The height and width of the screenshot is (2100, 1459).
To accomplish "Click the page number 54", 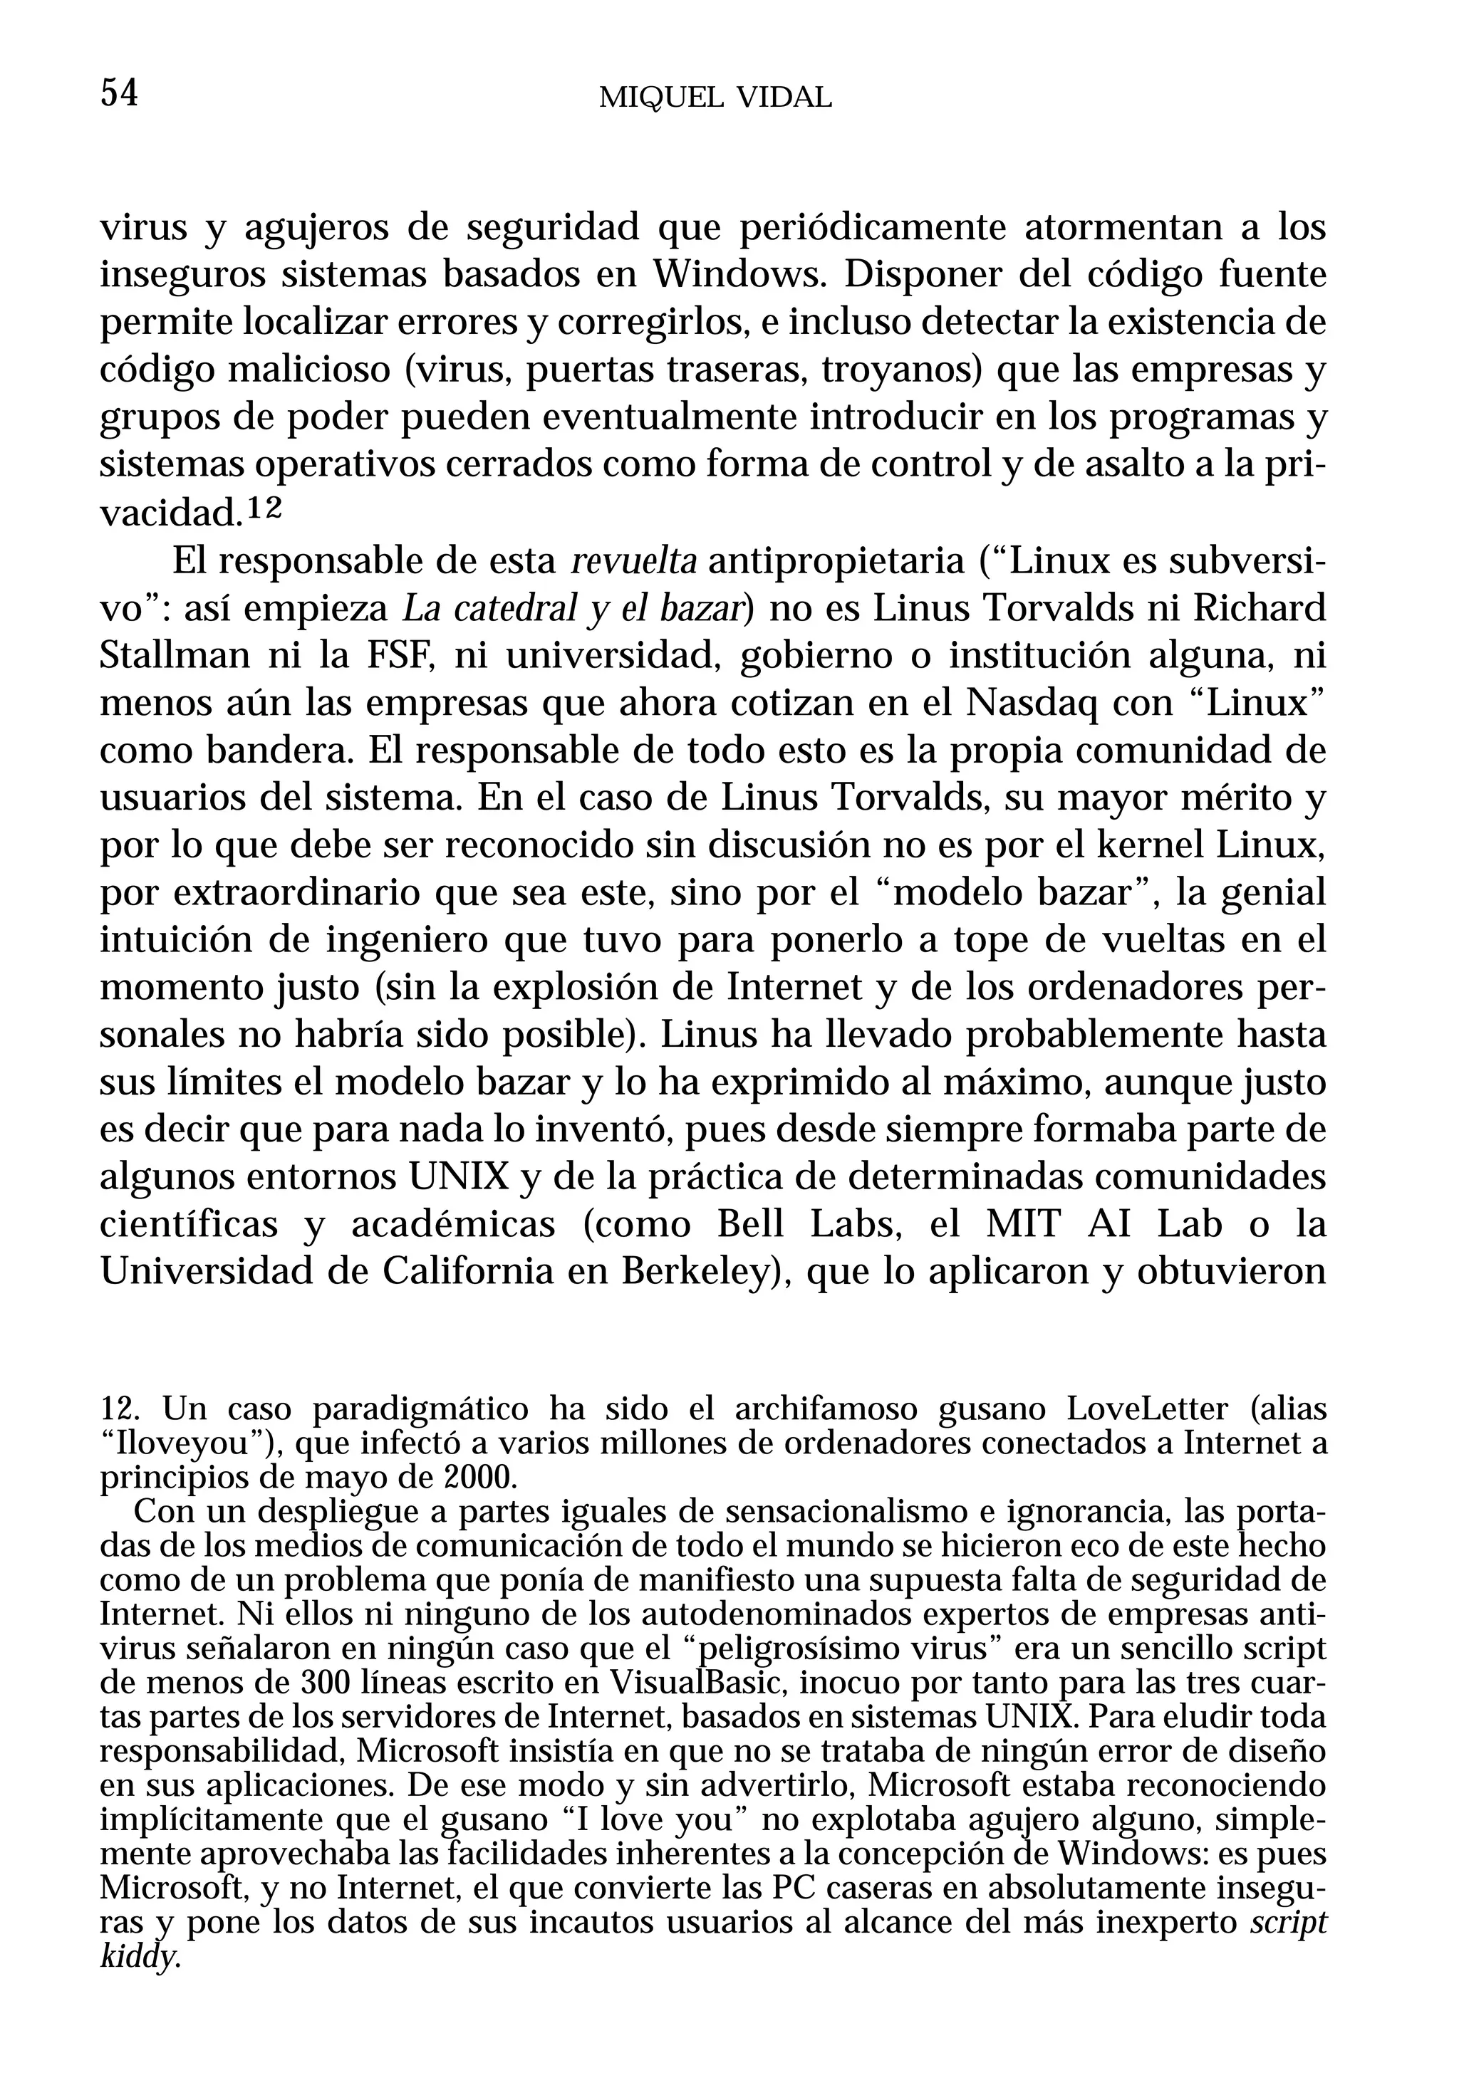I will click(x=119, y=93).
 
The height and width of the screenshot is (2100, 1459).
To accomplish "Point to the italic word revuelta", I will click(x=633, y=562).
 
